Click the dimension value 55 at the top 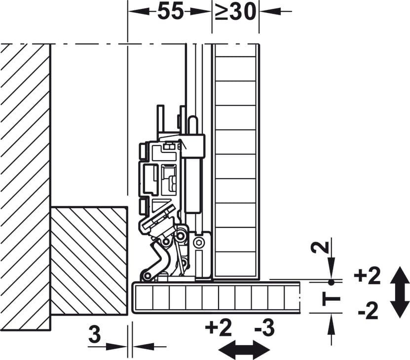pyautogui.click(x=171, y=11)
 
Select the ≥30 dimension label pyautogui.click(x=235, y=11)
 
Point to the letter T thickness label pyautogui.click(x=331, y=298)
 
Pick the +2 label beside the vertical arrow pyautogui.click(x=367, y=276)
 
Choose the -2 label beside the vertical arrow pyautogui.click(x=368, y=311)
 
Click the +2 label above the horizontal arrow pyautogui.click(x=219, y=327)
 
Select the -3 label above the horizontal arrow pyautogui.click(x=264, y=327)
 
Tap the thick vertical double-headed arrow pyautogui.click(x=400, y=292)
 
